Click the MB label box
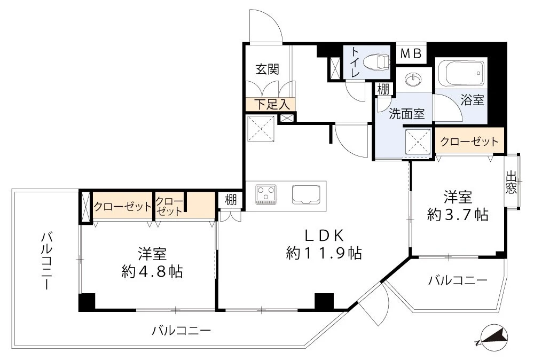click(x=411, y=53)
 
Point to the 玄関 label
click(x=266, y=69)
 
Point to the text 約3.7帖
click(x=457, y=215)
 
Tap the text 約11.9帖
click(x=324, y=253)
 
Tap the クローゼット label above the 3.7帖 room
click(x=469, y=142)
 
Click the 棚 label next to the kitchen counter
click(x=230, y=200)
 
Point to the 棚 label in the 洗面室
click(x=383, y=89)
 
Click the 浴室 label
click(x=472, y=100)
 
